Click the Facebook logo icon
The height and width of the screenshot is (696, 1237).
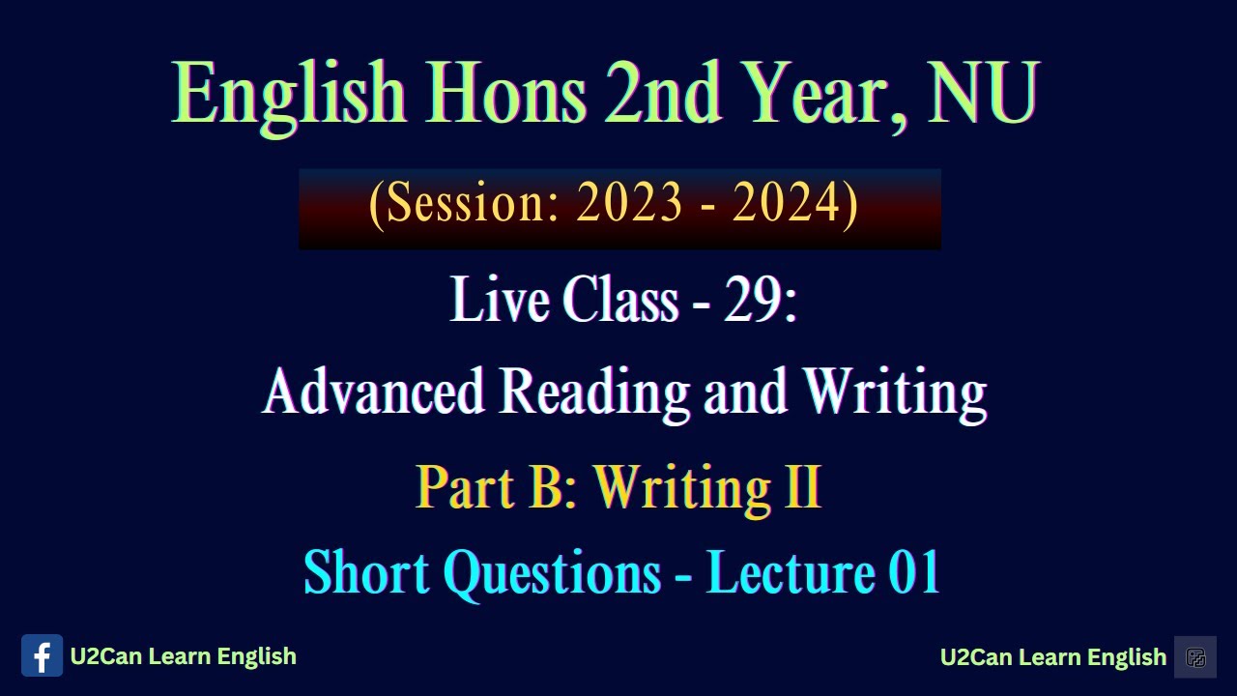[42, 656]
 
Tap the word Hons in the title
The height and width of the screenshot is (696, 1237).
[504, 94]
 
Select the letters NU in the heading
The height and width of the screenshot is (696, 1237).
[983, 94]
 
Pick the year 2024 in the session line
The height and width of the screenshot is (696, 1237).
[785, 204]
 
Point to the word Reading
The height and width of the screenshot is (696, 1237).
[594, 391]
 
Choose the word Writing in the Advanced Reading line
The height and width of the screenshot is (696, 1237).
[894, 391]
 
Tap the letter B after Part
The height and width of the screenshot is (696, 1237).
[546, 487]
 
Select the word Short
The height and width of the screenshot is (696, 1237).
[366, 573]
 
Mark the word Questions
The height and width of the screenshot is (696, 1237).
[552, 573]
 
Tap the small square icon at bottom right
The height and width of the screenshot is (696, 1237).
[1195, 657]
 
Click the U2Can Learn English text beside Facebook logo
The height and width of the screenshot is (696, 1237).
[184, 656]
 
